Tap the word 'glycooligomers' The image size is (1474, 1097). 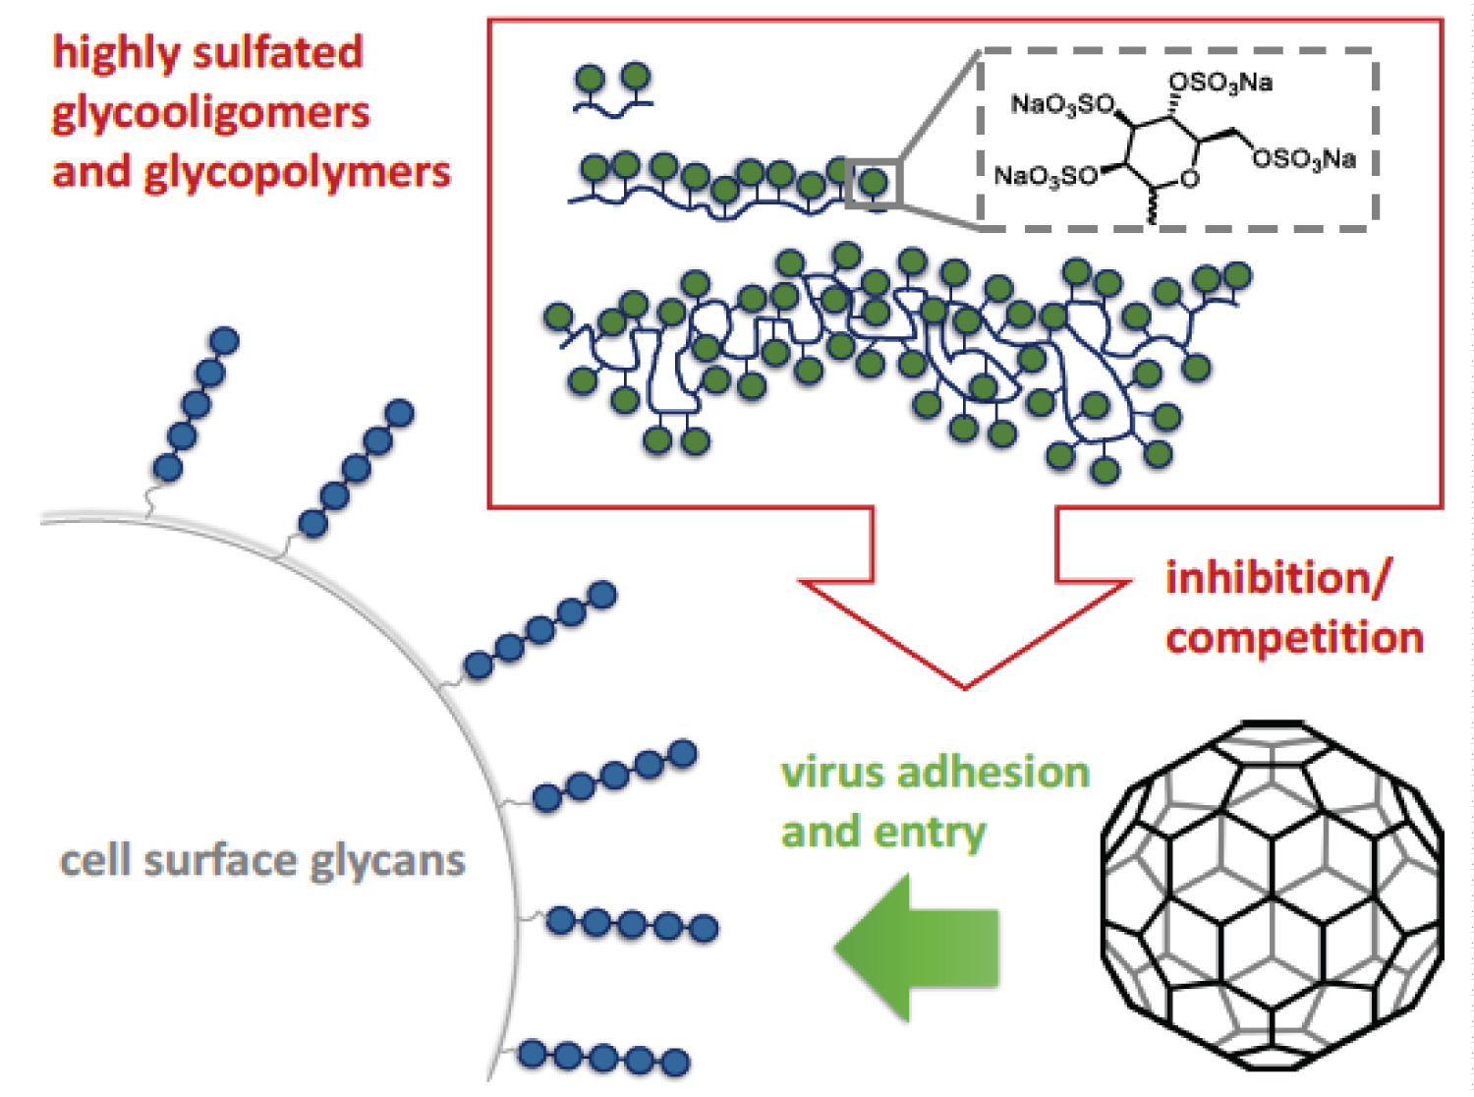pyautogui.click(x=210, y=113)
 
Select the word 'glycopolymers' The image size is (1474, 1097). pyautogui.click(x=297, y=173)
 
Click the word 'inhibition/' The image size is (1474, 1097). pyautogui.click(x=1277, y=578)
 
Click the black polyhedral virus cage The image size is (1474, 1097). pyautogui.click(x=1272, y=896)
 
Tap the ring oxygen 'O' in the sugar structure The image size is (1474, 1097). pyautogui.click(x=1190, y=180)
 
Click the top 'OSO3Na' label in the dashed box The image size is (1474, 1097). pyautogui.click(x=1219, y=83)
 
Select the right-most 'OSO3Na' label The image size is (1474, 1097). pyautogui.click(x=1304, y=158)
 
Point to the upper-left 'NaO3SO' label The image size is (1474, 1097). pyautogui.click(x=1062, y=103)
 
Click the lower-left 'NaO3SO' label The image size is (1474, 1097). pyautogui.click(x=1045, y=176)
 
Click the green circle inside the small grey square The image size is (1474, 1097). pyautogui.click(x=874, y=182)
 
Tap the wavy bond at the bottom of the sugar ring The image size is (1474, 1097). pyautogui.click(x=1151, y=208)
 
